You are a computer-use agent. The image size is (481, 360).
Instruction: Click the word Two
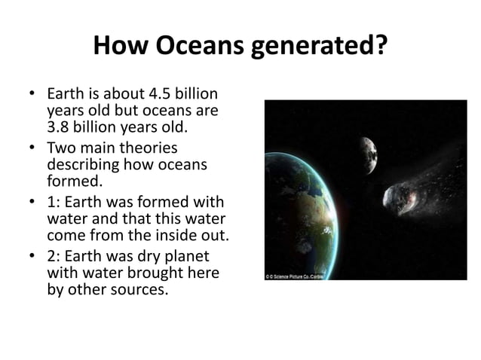[62, 148]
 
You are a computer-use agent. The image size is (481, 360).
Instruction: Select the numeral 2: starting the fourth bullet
[54, 257]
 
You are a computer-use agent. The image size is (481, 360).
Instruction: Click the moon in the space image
[367, 154]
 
